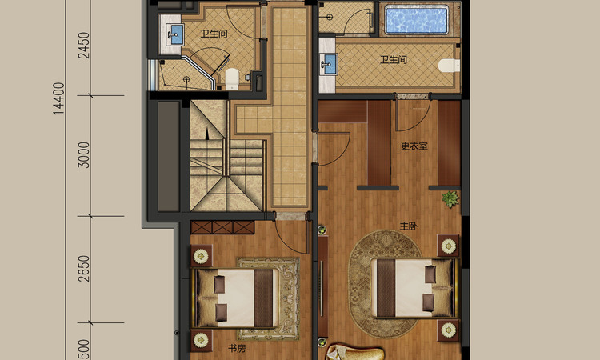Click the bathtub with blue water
(416, 19)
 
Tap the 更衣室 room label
(414, 146)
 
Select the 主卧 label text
(408, 226)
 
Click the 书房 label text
(237, 348)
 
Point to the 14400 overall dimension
(58, 98)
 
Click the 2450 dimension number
(83, 45)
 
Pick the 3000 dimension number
(83, 155)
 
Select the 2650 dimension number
(83, 269)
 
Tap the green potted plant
(450, 199)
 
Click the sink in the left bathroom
(176, 34)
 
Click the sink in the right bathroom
(328, 64)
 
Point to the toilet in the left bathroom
(232, 78)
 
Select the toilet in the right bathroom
(449, 65)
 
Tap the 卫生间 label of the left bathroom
(214, 34)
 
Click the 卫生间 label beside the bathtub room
(394, 60)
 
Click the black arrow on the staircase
(207, 133)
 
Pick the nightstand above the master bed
(448, 246)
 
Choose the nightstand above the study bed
(202, 255)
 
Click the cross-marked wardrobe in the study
(222, 227)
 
